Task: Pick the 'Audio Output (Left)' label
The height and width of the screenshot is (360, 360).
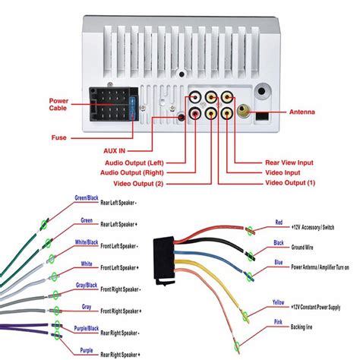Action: click(137, 162)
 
